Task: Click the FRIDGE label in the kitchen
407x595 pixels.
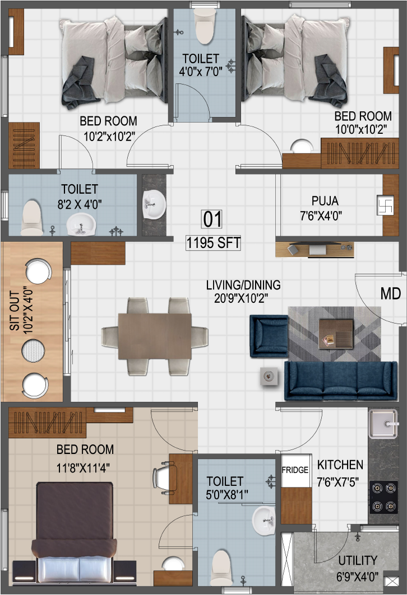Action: pos(295,470)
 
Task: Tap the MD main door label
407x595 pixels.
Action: pos(391,293)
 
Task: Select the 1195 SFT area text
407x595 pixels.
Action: pos(213,243)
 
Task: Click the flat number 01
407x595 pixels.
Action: pos(212,219)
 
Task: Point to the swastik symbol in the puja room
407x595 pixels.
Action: pos(385,205)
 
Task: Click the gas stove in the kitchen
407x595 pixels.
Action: pos(383,497)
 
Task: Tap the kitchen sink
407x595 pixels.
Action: pos(383,424)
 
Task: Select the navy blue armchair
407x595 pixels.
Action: pos(269,336)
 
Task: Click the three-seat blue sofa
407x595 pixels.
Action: pos(341,381)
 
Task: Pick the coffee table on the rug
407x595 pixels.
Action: pos(336,333)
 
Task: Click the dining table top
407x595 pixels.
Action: pos(155,336)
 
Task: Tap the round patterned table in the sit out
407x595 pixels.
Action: pos(33,350)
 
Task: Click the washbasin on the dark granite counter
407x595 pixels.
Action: pos(154,204)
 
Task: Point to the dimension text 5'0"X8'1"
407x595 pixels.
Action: pos(227,494)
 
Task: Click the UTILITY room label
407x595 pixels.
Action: pos(358,560)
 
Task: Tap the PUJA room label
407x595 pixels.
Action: pos(325,201)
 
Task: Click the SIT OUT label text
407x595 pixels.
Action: pos(15,311)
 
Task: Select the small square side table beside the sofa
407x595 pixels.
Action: pos(269,377)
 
